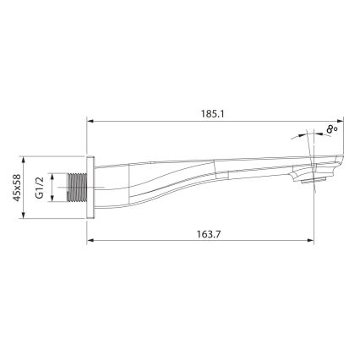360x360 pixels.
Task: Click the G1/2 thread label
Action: point(40,186)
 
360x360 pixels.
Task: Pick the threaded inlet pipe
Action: point(77,187)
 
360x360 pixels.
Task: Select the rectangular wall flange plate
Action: point(90,187)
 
